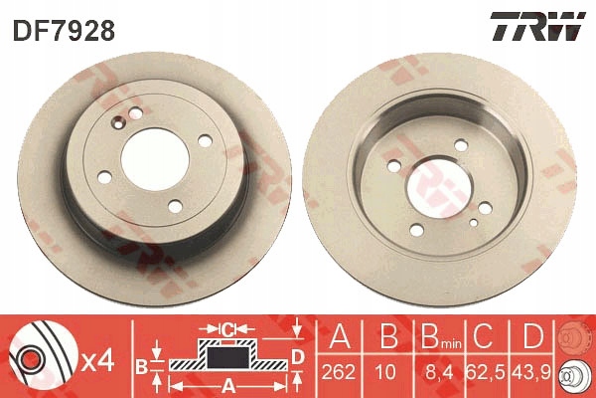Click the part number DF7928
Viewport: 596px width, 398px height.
click(64, 31)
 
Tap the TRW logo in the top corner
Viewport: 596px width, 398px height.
click(537, 26)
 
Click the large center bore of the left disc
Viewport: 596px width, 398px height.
click(155, 159)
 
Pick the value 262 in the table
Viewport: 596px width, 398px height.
click(339, 372)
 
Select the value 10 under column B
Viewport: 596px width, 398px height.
click(385, 372)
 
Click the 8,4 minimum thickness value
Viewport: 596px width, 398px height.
click(439, 372)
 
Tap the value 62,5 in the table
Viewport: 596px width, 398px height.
click(485, 372)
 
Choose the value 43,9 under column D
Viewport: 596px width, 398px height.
click(531, 372)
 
